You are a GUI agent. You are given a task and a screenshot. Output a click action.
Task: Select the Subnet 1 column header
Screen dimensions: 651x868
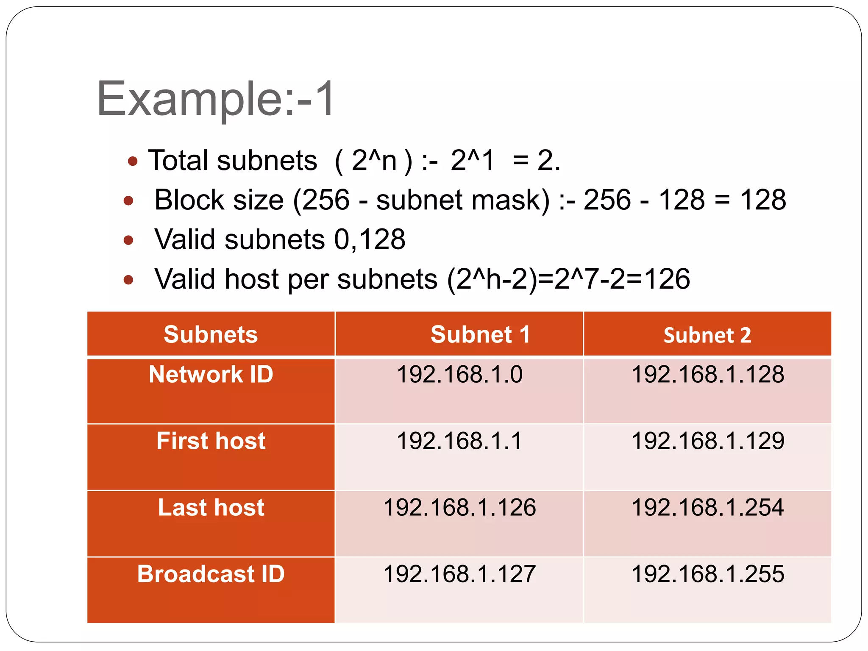480,334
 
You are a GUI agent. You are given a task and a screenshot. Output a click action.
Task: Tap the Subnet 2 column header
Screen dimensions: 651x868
707,335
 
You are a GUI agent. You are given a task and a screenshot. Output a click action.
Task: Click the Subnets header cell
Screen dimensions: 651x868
211,334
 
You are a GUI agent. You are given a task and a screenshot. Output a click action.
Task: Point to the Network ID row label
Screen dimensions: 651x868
211,374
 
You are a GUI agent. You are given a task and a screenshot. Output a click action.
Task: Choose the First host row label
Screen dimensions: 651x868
211,441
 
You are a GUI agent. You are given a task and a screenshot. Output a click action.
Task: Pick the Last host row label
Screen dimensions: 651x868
211,507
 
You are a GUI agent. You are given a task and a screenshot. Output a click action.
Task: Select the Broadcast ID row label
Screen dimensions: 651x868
211,574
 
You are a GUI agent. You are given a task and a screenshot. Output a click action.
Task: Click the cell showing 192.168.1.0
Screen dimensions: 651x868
459,374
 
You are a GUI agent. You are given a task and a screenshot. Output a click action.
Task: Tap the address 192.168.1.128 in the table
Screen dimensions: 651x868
707,374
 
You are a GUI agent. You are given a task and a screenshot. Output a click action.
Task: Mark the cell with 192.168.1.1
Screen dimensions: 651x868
459,441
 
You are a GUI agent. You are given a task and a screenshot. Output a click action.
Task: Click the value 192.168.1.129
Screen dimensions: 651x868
707,441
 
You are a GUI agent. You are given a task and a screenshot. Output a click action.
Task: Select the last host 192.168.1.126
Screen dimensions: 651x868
459,507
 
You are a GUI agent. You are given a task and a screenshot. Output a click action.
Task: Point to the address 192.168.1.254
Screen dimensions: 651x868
707,507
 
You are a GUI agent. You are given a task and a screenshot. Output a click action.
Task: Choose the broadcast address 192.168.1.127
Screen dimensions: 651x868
459,574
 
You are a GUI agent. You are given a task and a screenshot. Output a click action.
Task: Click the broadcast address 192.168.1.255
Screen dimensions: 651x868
707,574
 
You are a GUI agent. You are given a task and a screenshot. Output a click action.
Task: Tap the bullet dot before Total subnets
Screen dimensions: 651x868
133,161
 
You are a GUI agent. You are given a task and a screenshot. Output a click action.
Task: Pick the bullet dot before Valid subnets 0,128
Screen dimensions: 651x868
128,240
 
